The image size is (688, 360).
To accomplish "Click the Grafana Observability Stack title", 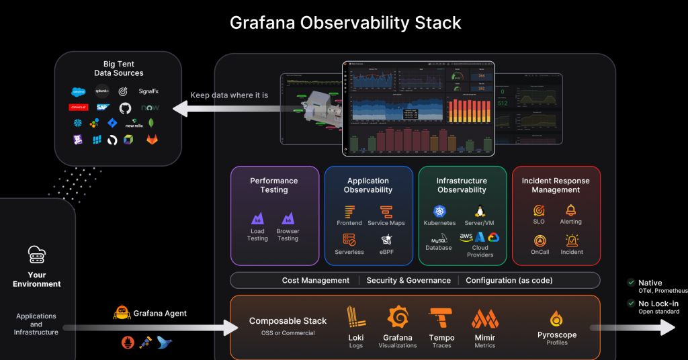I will click(345, 22).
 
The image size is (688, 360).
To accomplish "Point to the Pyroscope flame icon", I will click(556, 319).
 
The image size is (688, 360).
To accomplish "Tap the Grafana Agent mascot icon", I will click(122, 312).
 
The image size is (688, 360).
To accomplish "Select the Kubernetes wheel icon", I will click(439, 212).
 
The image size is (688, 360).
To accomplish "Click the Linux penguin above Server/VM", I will click(480, 212).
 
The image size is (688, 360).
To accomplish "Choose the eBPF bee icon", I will click(386, 240).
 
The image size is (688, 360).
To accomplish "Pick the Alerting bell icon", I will click(571, 210).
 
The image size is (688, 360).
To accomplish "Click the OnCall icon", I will click(539, 240).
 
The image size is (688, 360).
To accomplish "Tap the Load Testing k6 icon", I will click(257, 218).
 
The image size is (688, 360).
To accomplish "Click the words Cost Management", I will click(316, 280).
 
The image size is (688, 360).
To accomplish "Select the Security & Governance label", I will click(408, 280).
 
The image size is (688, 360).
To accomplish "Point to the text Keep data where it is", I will click(229, 95).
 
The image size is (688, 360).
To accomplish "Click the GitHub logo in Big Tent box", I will click(125, 107).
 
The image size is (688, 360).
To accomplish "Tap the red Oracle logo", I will click(79, 107).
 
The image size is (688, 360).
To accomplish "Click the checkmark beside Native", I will click(630, 283).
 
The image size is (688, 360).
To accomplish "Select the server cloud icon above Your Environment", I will click(36, 254).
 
